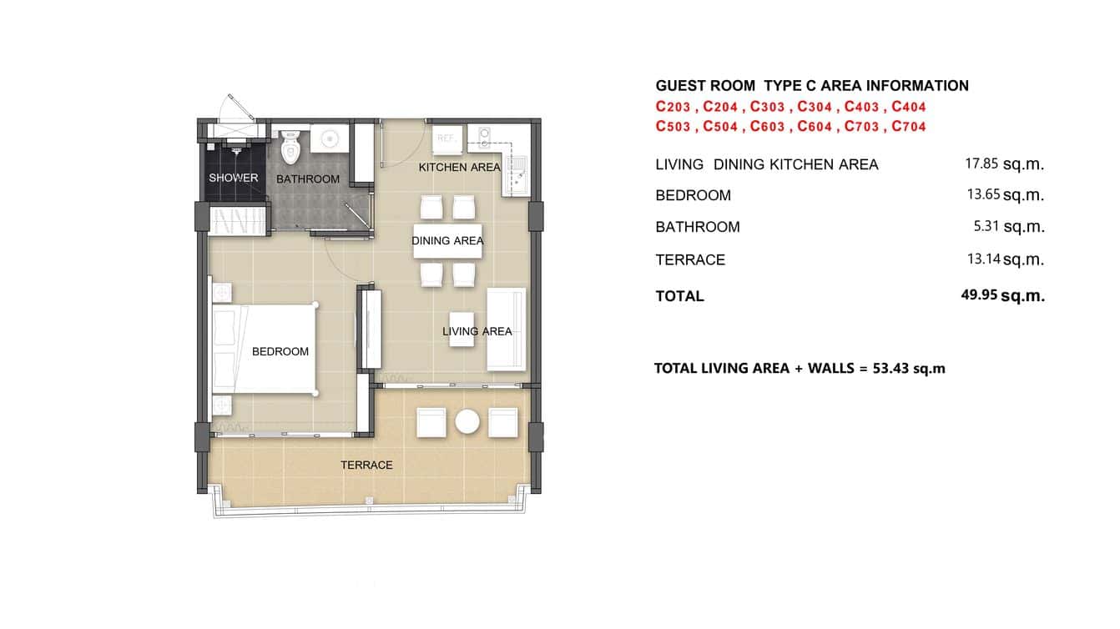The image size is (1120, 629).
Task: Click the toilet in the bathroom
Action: click(x=290, y=147)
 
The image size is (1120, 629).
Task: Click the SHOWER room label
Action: click(x=234, y=178)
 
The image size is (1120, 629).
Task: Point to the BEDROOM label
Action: click(x=280, y=351)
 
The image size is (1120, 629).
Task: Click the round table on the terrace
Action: click(x=467, y=422)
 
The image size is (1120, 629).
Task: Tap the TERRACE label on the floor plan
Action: click(x=366, y=465)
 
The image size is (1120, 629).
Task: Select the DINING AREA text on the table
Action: click(x=447, y=241)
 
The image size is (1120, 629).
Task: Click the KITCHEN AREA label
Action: click(x=459, y=168)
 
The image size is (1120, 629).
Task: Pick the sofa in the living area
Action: click(x=507, y=330)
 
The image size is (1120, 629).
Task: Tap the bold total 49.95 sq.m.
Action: click(x=1002, y=295)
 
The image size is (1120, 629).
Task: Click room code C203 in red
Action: click(x=675, y=107)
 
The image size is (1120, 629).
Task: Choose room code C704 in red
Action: click(x=909, y=127)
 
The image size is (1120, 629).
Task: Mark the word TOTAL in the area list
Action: click(x=679, y=296)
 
